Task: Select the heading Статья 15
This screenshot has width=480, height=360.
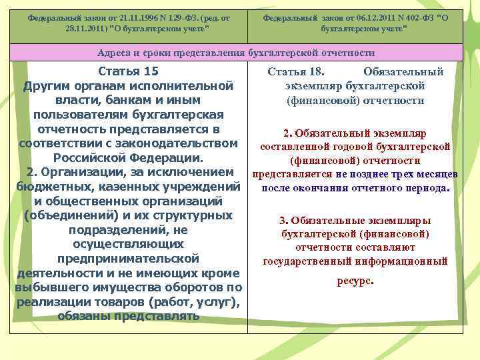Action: pyautogui.click(x=128, y=71)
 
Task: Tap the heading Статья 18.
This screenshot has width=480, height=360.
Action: pyautogui.click(x=295, y=72)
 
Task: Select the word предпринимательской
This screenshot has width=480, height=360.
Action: pyautogui.click(x=128, y=258)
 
